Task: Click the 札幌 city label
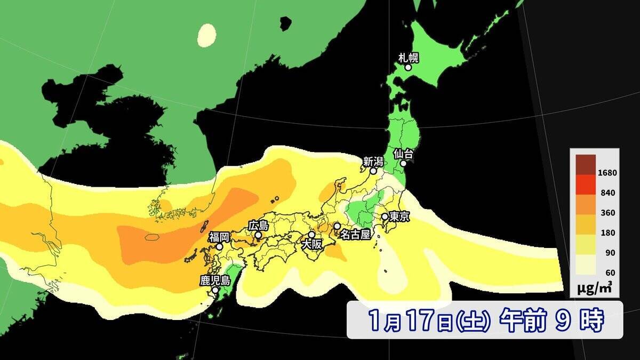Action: point(408,57)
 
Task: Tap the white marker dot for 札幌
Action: point(408,67)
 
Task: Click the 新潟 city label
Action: point(373,161)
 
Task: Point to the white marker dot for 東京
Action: point(385,217)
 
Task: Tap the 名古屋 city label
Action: point(355,235)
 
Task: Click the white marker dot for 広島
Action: point(258,235)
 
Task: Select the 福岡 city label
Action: point(219,237)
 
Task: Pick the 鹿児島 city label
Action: point(214,281)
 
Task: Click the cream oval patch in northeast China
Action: point(206,35)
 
